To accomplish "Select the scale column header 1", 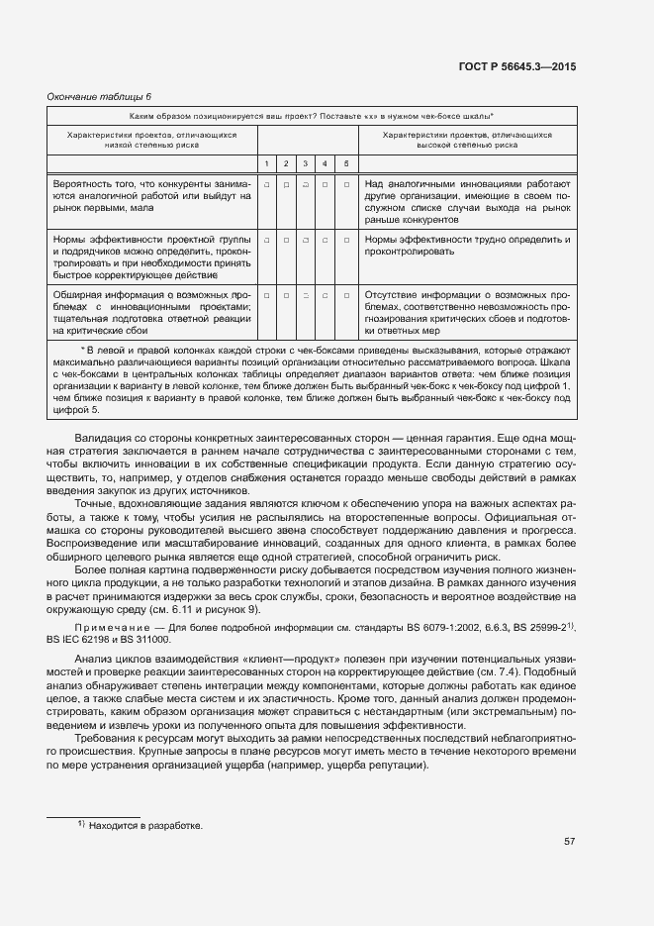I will coord(267,163).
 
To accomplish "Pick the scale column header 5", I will coord(346,163).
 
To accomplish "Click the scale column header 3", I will coord(306,163).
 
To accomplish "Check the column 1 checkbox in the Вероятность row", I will coord(267,184).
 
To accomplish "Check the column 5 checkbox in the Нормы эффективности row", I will coord(346,240).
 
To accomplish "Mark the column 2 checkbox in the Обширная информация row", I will coord(286,295).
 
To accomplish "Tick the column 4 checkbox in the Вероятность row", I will coord(326,184).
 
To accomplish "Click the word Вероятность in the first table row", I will coord(80,184).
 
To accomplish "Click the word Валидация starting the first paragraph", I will coord(104,438).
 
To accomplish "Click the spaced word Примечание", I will coord(110,628).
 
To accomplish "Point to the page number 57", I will coord(569,842).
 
